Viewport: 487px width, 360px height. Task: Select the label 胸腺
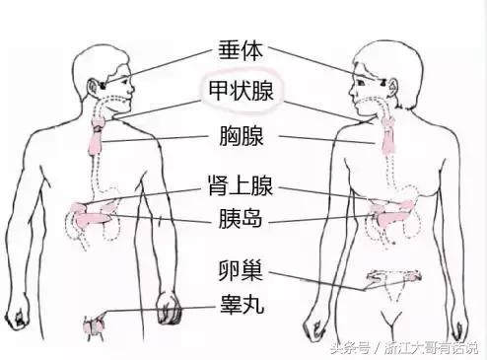pos(243,137)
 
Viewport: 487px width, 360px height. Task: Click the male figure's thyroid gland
pos(100,121)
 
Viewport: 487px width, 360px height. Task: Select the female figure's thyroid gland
pos(388,123)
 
